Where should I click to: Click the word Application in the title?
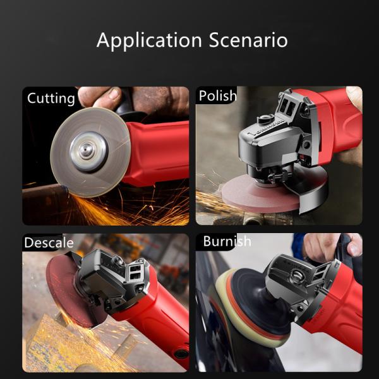(x=149, y=40)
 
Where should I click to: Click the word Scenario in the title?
(x=248, y=40)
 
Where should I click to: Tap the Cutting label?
(x=51, y=99)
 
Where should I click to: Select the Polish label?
(x=217, y=95)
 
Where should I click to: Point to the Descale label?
(x=49, y=243)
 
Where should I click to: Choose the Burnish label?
(x=227, y=241)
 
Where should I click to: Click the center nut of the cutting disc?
(x=88, y=152)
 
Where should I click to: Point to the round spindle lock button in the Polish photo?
(x=265, y=119)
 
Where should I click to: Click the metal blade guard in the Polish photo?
(x=310, y=188)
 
